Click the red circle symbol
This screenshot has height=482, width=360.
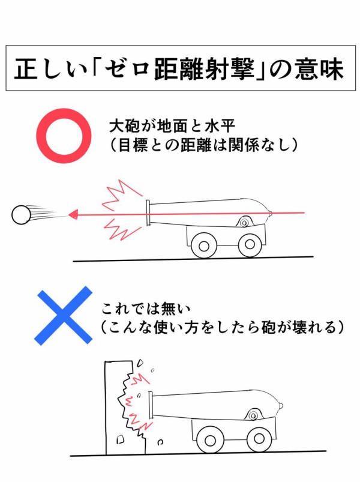(63, 135)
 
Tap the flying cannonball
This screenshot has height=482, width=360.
(22, 214)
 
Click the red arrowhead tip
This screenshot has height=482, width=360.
(70, 213)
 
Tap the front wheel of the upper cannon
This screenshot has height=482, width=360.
(203, 244)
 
